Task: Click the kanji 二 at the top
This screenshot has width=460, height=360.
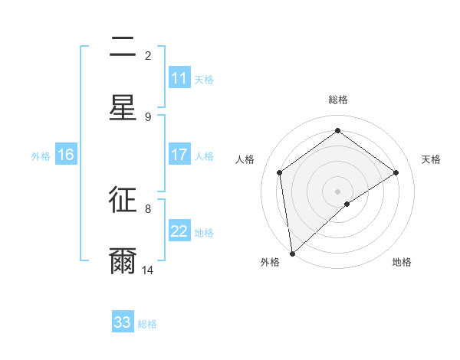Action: (123, 48)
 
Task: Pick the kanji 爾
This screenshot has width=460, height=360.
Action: (123, 260)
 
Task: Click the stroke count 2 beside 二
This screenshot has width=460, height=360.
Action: (148, 55)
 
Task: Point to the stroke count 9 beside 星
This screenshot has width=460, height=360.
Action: (148, 116)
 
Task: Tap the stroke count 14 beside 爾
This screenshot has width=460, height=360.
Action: (148, 270)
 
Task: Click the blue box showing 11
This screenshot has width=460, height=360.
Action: (179, 78)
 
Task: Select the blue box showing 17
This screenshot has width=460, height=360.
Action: (179, 155)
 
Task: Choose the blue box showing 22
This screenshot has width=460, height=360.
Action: (179, 231)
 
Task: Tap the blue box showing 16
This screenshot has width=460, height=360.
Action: (65, 155)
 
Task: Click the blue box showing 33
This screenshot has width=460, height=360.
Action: (123, 322)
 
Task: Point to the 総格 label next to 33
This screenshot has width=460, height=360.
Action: (147, 323)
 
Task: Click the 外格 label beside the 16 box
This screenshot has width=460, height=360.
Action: (41, 155)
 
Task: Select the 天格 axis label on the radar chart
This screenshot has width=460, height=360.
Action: (431, 159)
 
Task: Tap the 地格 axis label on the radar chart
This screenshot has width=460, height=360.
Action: (402, 262)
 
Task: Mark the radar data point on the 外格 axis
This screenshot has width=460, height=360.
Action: (291, 253)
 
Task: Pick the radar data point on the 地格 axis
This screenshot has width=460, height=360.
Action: (347, 204)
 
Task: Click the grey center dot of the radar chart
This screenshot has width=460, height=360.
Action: (337, 190)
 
